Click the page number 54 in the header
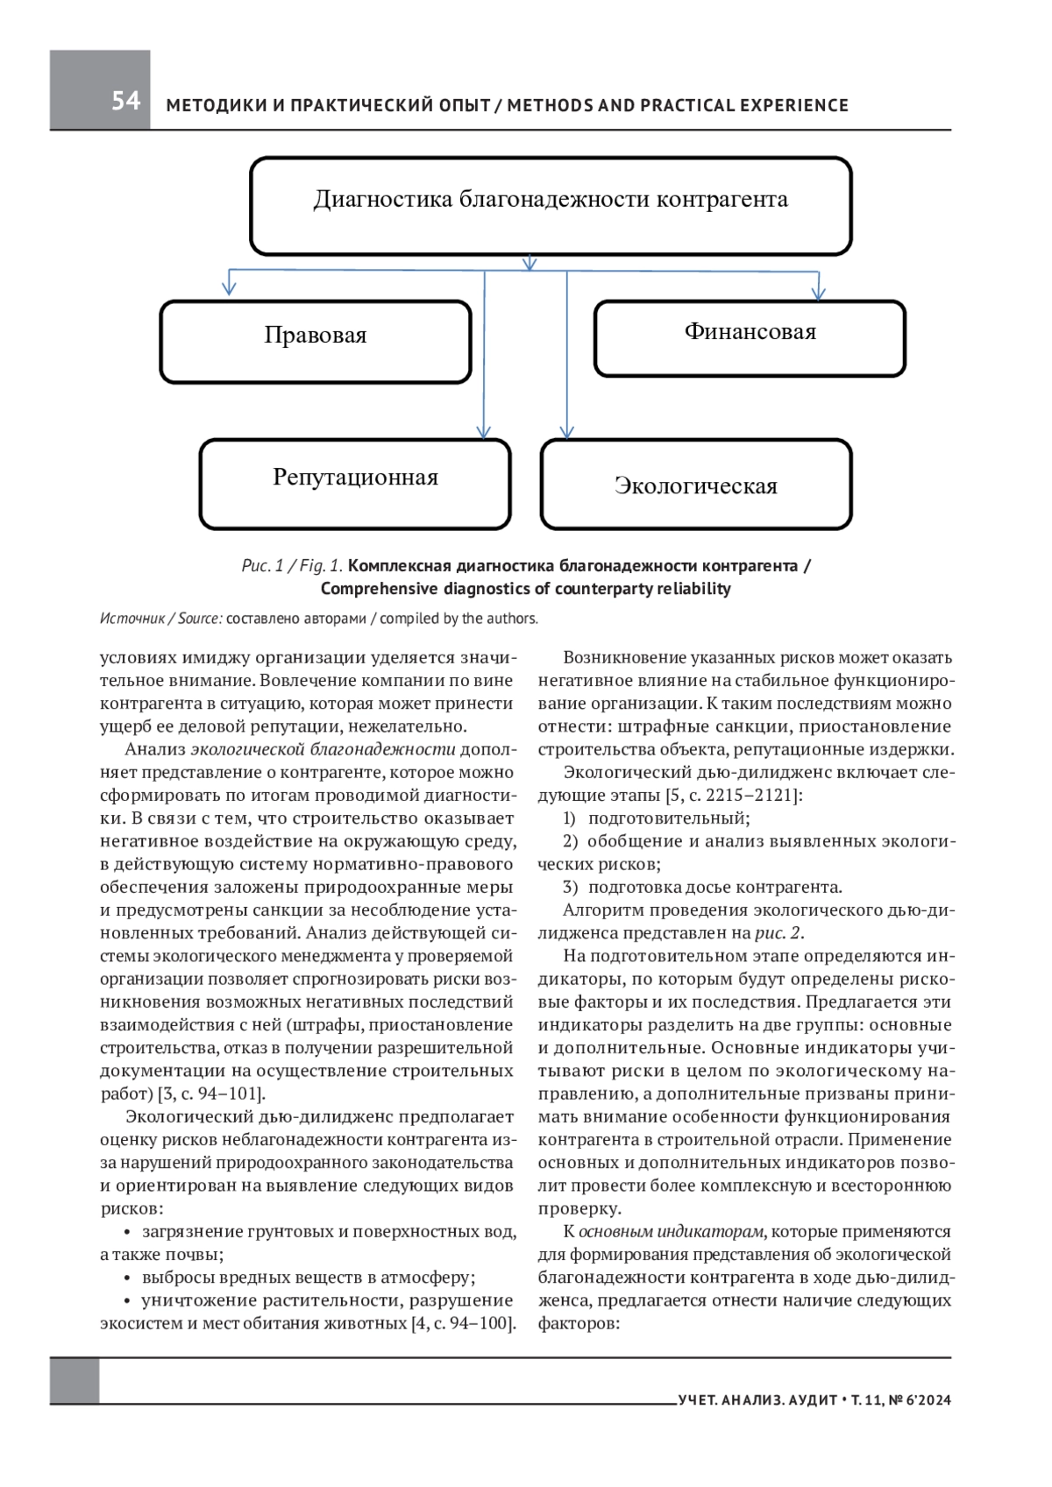tap(125, 101)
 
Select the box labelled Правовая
tap(316, 342)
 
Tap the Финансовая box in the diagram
tap(750, 338)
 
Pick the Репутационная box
tap(355, 484)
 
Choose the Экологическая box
tap(696, 485)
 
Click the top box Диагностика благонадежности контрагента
tap(551, 206)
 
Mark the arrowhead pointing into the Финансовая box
tap(818, 292)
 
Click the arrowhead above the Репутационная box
tap(484, 431)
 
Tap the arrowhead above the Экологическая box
tap(567, 431)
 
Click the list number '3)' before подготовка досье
tap(570, 887)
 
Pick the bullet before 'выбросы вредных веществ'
tap(128, 1278)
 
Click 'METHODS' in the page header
tap(550, 106)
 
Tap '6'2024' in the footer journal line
tap(929, 1400)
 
